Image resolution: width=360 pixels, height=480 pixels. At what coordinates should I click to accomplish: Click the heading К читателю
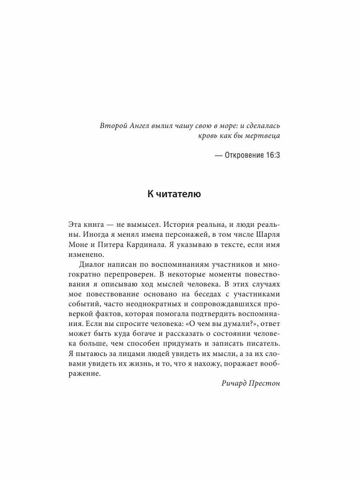[174, 194]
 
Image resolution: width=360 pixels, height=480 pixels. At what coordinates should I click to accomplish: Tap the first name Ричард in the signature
[235, 384]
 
